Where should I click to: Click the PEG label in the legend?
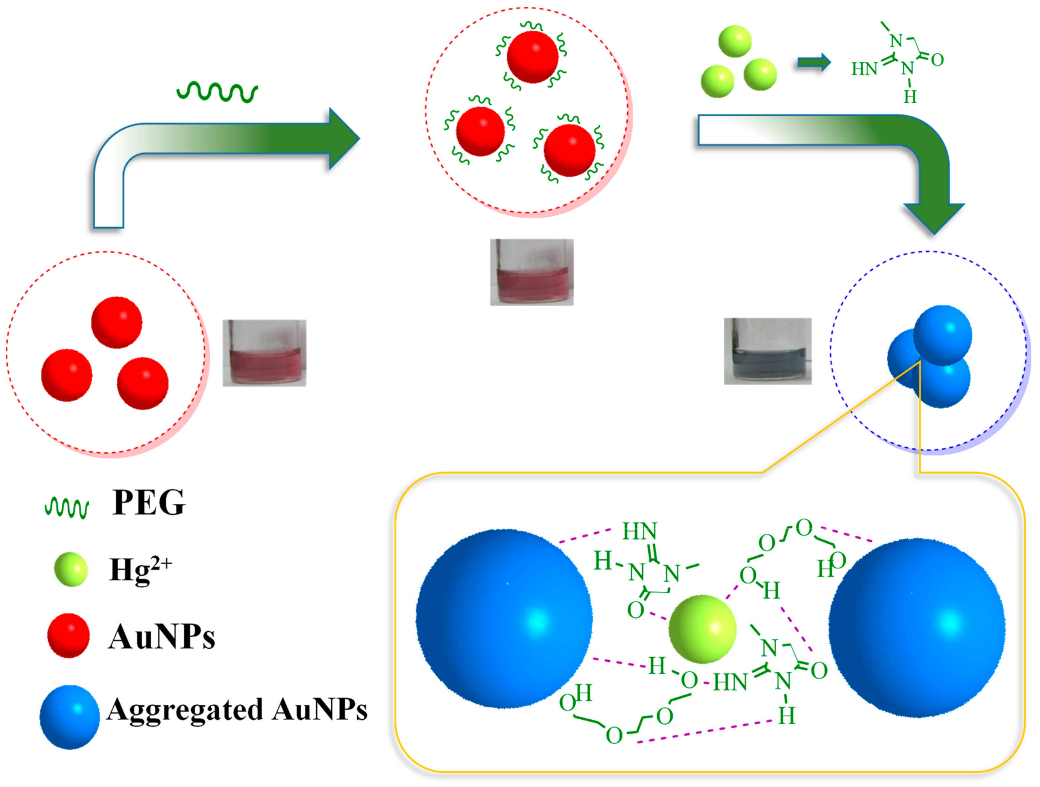coord(149,503)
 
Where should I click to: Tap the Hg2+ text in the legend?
coord(140,570)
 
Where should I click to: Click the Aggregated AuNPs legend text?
coord(237,709)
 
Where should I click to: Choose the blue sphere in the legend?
coord(69,717)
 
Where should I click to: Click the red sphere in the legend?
coord(69,635)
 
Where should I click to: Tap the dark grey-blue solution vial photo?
coord(767,351)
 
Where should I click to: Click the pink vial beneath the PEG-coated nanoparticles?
coord(532,272)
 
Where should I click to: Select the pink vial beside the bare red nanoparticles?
coord(264,353)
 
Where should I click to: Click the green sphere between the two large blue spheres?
coord(702,629)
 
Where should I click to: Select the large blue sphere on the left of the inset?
coord(504,618)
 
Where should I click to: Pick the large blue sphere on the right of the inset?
coord(917,628)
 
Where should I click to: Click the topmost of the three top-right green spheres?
coord(735,41)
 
